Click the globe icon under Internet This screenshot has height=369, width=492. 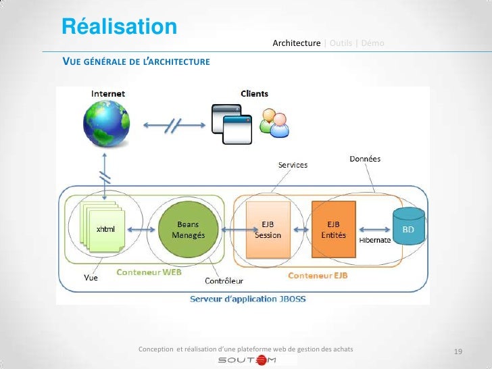point(105,122)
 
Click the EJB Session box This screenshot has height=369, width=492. point(267,230)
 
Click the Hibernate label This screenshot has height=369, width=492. point(374,241)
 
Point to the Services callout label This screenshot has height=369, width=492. point(293,165)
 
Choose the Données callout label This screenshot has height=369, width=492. point(365,159)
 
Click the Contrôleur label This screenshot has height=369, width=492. point(224,280)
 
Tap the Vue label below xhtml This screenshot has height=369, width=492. point(90,277)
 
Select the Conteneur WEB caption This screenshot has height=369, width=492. point(149,272)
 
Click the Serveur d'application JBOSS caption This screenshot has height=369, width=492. point(243,298)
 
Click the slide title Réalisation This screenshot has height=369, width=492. point(120,26)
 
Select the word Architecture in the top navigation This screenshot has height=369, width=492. point(296,43)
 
